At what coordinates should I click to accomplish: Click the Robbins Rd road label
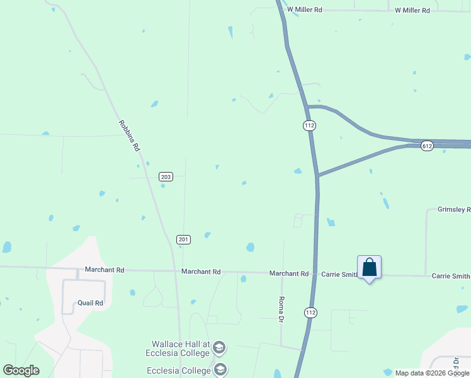pyautogui.click(x=128, y=136)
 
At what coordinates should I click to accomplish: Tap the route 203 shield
pyautogui.click(x=166, y=176)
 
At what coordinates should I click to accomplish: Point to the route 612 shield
pyautogui.click(x=428, y=146)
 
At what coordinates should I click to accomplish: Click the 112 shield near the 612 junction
pyautogui.click(x=309, y=125)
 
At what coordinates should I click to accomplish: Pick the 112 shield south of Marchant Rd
pyautogui.click(x=310, y=312)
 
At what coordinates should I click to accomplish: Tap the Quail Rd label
pyautogui.click(x=90, y=303)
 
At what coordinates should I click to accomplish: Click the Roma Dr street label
pyautogui.click(x=281, y=309)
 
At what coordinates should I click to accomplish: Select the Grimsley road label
pyautogui.click(x=453, y=209)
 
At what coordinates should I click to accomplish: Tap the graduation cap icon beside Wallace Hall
pyautogui.click(x=219, y=348)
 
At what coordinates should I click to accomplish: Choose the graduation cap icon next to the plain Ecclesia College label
pyautogui.click(x=220, y=370)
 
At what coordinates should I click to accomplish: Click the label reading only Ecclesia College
pyautogui.click(x=178, y=370)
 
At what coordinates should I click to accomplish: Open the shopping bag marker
pyautogui.click(x=369, y=268)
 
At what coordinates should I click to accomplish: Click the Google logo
pyautogui.click(x=21, y=370)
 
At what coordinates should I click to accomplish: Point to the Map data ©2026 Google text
pyautogui.click(x=432, y=373)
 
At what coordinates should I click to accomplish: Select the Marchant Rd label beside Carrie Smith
pyautogui.click(x=289, y=273)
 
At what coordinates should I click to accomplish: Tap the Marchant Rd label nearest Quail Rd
pyautogui.click(x=105, y=270)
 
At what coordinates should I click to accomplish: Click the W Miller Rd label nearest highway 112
pyautogui.click(x=305, y=9)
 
